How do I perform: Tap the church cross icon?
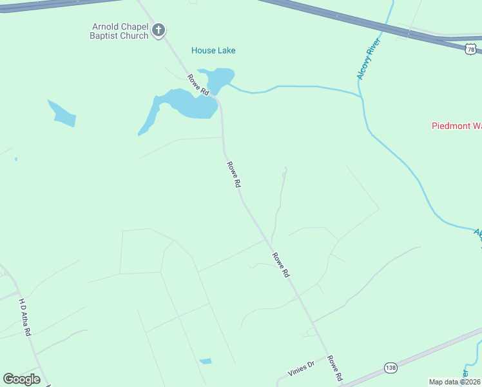click(x=159, y=30)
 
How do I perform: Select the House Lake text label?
click(x=213, y=50)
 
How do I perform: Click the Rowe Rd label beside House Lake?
click(x=199, y=85)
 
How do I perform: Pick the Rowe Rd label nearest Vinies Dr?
click(x=334, y=368)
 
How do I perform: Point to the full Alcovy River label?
click(x=369, y=59)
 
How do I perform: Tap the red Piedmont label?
click(x=456, y=126)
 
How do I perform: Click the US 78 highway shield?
click(x=472, y=49)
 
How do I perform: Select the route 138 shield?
click(x=390, y=367)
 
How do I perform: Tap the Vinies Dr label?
click(x=301, y=368)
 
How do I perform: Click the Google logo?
click(x=22, y=379)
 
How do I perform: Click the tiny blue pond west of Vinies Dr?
click(x=206, y=361)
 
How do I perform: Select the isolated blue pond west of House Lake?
click(x=63, y=114)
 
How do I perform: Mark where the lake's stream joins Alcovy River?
click(x=360, y=96)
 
